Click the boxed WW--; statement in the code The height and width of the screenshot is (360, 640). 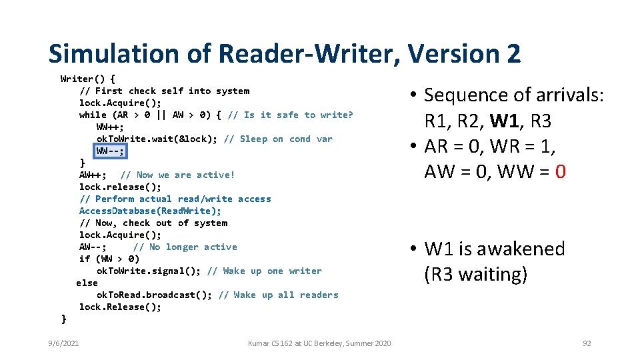click(110, 151)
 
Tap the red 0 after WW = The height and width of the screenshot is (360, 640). click(559, 172)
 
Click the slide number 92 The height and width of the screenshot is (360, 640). click(587, 343)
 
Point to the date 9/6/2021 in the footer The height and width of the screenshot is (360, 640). click(63, 343)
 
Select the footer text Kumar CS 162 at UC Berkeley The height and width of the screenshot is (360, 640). click(319, 343)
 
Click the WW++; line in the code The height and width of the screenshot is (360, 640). click(110, 127)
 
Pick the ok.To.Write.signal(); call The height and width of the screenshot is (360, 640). click(149, 271)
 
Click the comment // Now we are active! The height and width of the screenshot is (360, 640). click(177, 175)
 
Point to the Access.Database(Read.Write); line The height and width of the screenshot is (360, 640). click(150, 211)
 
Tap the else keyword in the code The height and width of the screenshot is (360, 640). click(87, 283)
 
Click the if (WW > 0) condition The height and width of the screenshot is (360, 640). click(109, 259)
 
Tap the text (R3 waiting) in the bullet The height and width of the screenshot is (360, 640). click(475, 274)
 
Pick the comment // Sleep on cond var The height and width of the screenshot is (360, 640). click(278, 139)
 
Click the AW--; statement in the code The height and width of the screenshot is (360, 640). click(93, 247)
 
